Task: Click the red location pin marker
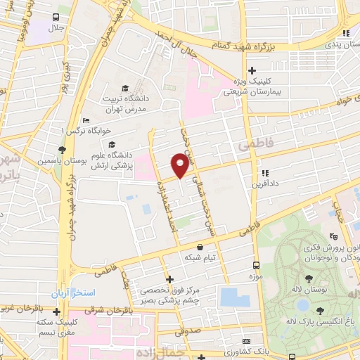coord(180,165)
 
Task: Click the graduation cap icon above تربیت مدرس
coord(125,89)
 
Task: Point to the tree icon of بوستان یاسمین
coord(62,149)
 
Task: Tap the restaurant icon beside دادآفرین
coord(264,173)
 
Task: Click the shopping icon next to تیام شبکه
coord(202,247)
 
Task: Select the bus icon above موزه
coord(255,266)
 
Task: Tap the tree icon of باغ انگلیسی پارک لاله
coord(321,310)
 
